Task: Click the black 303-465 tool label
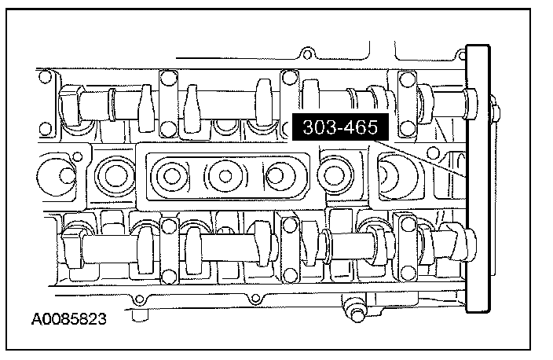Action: click(x=340, y=127)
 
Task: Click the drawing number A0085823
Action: click(x=69, y=319)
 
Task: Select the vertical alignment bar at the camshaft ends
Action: click(x=478, y=178)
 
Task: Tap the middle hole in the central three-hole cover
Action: click(x=225, y=176)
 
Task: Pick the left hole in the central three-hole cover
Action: click(x=172, y=176)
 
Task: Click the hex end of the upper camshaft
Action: click(x=71, y=105)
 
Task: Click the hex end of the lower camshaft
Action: click(x=73, y=248)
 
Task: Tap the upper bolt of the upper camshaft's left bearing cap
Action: click(x=168, y=77)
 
